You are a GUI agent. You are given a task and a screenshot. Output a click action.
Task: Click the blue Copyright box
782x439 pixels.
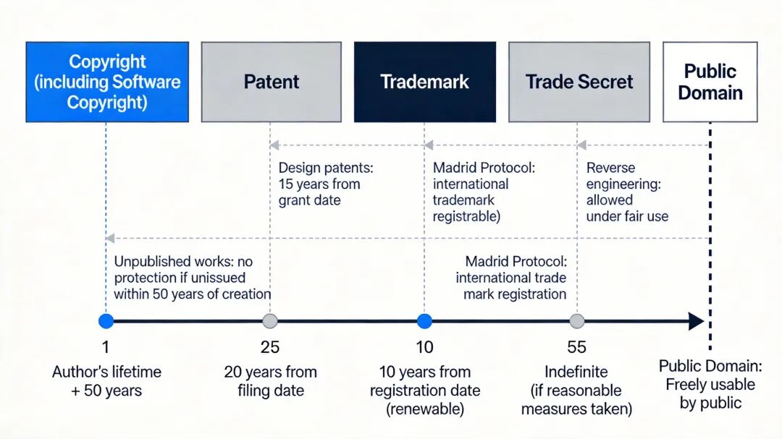point(107,82)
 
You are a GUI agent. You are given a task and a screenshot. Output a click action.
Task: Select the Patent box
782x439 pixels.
point(271,82)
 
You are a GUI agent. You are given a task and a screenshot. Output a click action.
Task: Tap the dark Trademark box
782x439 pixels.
point(424,82)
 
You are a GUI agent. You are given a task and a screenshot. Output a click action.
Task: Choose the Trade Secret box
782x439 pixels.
point(579,82)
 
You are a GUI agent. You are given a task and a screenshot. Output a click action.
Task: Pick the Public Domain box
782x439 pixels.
point(710,82)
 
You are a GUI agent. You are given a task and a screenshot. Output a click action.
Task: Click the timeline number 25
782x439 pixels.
point(270,347)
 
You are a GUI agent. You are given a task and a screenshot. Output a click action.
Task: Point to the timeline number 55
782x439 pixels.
point(577,347)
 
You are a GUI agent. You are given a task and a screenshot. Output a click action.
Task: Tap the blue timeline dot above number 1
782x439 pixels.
point(106,321)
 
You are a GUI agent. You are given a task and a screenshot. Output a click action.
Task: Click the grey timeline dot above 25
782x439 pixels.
point(270,321)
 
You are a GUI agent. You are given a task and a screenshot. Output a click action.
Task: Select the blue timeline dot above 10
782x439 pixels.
point(424,321)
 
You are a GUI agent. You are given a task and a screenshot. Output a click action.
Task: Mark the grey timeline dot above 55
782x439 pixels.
point(577,321)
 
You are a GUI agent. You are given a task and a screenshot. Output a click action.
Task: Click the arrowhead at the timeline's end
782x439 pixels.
point(696,321)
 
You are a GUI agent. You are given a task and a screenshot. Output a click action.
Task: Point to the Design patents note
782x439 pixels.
point(325,184)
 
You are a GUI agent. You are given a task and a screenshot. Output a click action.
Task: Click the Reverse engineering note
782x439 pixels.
point(627,192)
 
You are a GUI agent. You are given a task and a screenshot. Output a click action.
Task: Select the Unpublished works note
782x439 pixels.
point(192,278)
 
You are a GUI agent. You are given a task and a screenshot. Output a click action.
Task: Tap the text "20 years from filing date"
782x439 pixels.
point(270,381)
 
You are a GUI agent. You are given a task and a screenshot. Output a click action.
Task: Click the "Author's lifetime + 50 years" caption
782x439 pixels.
point(106,381)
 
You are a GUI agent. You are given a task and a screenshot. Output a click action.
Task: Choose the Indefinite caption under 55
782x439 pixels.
point(577,391)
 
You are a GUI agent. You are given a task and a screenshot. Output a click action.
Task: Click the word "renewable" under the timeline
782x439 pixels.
point(426,409)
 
